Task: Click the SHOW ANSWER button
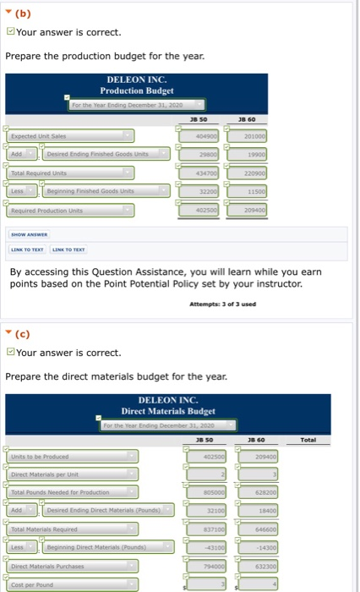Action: click(28, 212)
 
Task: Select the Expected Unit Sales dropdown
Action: click(71, 135)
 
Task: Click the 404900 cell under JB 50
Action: click(199, 135)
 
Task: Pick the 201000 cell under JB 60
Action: click(248, 135)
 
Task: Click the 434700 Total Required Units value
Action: click(199, 172)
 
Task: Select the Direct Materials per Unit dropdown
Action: click(71, 474)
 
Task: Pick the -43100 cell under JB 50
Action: click(199, 545)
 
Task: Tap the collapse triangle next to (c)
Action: click(8, 332)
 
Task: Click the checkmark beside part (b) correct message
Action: click(10, 33)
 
